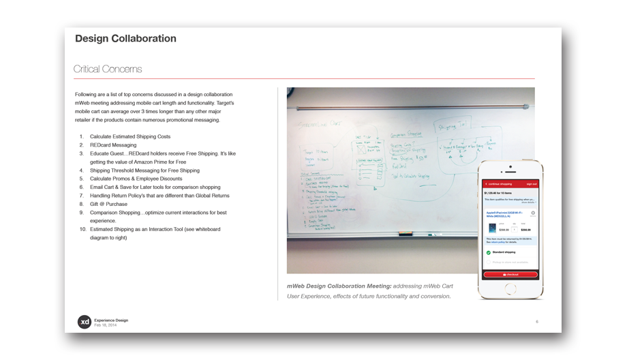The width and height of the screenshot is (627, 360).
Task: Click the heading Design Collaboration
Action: (125, 39)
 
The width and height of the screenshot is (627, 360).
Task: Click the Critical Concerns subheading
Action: (108, 70)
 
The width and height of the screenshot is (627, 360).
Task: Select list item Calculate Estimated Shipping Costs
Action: (130, 137)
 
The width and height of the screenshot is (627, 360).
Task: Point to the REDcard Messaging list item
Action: (113, 145)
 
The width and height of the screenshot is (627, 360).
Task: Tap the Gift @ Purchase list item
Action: (110, 204)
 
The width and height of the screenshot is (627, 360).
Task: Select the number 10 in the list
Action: (83, 229)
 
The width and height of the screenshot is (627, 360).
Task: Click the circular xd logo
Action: (84, 322)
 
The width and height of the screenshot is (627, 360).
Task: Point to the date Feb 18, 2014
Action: (106, 325)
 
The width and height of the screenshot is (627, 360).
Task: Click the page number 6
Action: (537, 322)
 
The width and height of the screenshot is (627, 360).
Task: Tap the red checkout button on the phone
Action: (510, 275)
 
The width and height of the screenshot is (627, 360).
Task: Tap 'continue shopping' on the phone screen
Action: (498, 184)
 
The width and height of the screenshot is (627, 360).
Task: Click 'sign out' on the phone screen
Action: (532, 184)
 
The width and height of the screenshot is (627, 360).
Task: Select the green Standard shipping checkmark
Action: (488, 252)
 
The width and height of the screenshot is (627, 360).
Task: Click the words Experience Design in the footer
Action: (111, 320)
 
